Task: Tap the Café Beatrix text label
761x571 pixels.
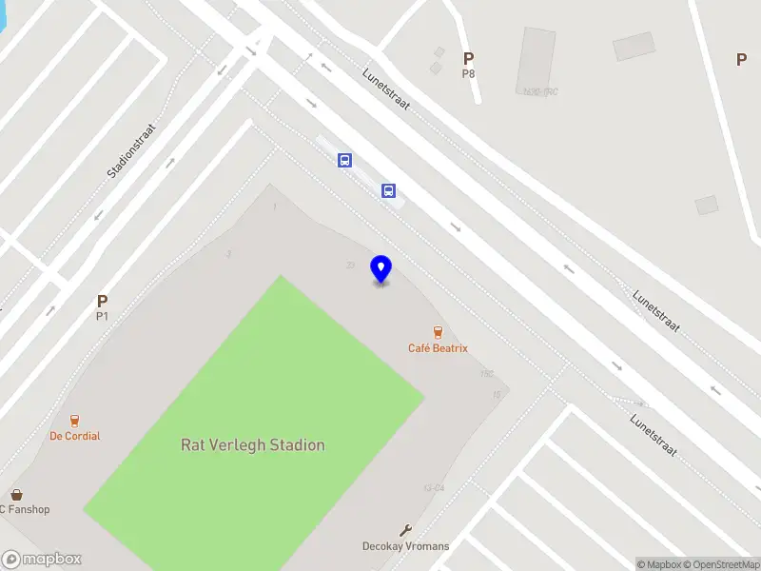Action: [x=438, y=348]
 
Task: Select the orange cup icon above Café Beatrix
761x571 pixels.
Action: [x=438, y=332]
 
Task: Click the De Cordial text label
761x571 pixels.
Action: [x=75, y=436]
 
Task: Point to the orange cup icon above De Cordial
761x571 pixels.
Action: [x=74, y=420]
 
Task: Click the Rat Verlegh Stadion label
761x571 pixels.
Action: [x=252, y=444]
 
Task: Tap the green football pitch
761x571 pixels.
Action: [x=255, y=400]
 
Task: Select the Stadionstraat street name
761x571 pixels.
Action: [x=131, y=150]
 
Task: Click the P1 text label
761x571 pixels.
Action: [x=102, y=316]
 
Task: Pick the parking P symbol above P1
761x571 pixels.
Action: [x=102, y=302]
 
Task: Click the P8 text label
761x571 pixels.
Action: [x=468, y=73]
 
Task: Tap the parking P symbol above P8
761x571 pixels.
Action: [x=468, y=59]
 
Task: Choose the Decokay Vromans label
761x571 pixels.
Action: [x=405, y=546]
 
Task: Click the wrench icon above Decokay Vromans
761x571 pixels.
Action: [x=405, y=530]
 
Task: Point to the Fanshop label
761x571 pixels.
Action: [x=26, y=509]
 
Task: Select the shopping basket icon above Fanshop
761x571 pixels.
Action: [x=17, y=494]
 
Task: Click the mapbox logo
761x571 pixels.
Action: [x=42, y=560]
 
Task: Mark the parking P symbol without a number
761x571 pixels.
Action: [x=741, y=59]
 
